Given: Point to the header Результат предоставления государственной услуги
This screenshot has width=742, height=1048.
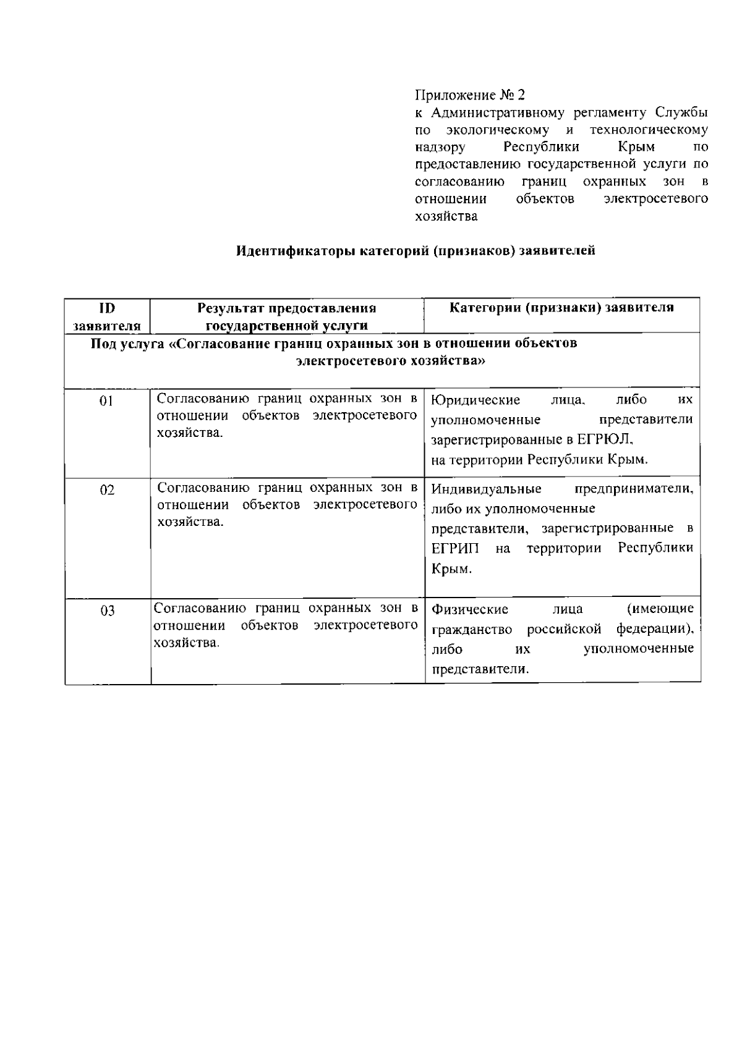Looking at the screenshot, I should point(287,316).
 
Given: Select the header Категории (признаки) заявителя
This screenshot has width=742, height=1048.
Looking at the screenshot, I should point(561,308).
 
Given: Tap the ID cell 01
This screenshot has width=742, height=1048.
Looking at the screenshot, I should point(107,401).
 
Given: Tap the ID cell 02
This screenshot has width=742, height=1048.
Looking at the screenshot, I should point(107,490).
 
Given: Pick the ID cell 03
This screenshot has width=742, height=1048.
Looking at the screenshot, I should point(107,611).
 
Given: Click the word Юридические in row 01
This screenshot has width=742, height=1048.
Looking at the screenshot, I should point(475,400).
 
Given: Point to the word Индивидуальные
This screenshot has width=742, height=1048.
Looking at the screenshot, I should point(486,489).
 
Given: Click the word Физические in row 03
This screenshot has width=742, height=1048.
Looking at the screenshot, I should point(470,610).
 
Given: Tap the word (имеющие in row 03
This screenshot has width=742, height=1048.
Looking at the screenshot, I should point(660,609).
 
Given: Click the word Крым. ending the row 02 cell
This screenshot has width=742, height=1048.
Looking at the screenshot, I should point(451,569).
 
